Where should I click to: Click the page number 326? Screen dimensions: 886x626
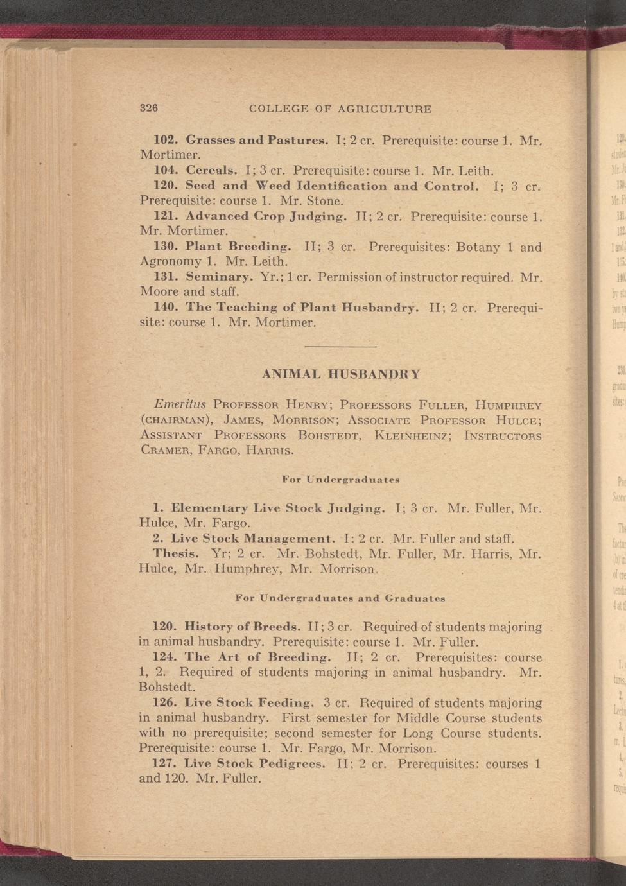click(x=149, y=109)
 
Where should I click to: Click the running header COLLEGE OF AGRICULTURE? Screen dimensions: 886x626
click(x=340, y=109)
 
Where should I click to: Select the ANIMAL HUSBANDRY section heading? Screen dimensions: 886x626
click(x=342, y=374)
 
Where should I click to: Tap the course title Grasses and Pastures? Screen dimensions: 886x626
click(x=257, y=139)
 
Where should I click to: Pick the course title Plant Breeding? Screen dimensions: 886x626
click(x=238, y=247)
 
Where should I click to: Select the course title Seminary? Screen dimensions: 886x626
click(x=219, y=277)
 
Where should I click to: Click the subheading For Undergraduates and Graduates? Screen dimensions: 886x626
click(x=340, y=598)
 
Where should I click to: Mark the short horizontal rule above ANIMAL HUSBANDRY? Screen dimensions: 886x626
click(x=340, y=347)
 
